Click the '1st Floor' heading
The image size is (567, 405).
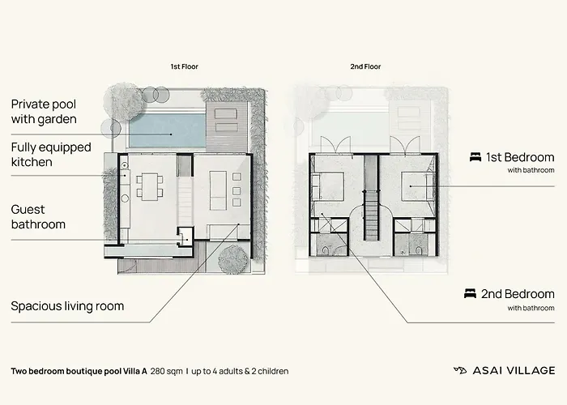coord(185,66)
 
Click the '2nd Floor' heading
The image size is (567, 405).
coord(365,66)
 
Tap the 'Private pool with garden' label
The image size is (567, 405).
coord(44,112)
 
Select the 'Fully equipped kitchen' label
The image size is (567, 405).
coord(51,155)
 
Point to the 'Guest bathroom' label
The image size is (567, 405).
coord(38,216)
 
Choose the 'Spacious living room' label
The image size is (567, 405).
coord(67,306)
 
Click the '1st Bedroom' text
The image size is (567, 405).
coord(520,157)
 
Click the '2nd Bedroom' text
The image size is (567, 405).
coord(518,294)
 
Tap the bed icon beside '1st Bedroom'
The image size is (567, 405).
coord(475,157)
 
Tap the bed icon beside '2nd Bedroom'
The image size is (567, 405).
coord(470,293)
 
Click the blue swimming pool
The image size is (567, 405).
coord(168,130)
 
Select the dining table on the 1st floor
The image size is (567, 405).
coord(150,187)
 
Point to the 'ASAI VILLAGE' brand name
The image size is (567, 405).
coord(514,371)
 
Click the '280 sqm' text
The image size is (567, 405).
coord(166,371)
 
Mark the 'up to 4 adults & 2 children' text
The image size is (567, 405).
coord(240,371)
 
